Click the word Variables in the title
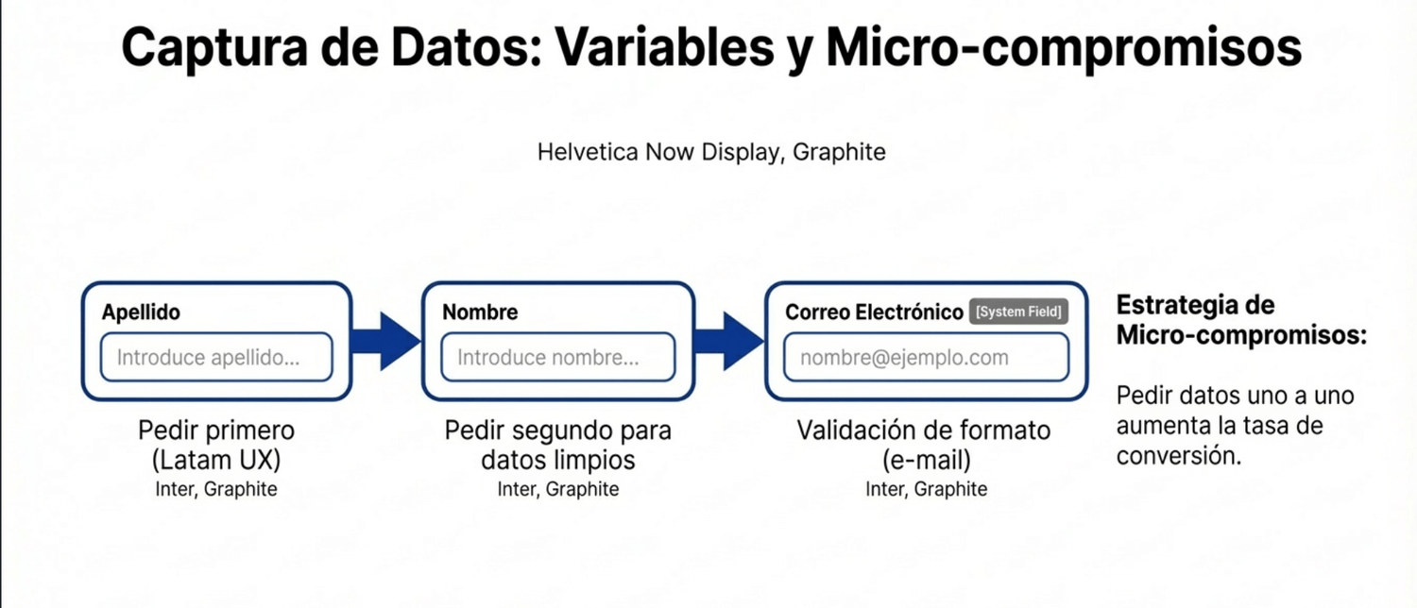(x=664, y=47)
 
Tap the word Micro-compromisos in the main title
(x=1064, y=47)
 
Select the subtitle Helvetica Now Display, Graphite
(x=711, y=152)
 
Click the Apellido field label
(x=141, y=312)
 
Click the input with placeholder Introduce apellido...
(x=216, y=357)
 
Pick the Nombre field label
(x=480, y=312)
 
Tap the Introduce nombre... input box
(x=558, y=357)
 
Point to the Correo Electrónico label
(x=874, y=312)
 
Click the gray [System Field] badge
(x=1018, y=312)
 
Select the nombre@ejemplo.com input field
(x=926, y=357)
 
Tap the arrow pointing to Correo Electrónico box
(x=729, y=341)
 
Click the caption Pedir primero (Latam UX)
(x=216, y=445)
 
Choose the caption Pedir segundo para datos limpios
(x=558, y=445)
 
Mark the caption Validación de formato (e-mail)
(x=924, y=445)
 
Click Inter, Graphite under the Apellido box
(x=216, y=489)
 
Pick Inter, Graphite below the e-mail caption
(x=926, y=489)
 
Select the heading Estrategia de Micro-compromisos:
(x=1241, y=320)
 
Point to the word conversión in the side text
(x=1179, y=456)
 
